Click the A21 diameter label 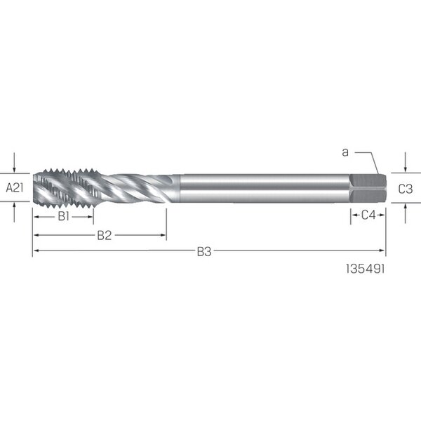click(15, 187)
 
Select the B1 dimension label click(64, 216)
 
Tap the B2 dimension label click(105, 236)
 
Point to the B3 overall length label click(204, 252)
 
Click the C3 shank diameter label click(406, 189)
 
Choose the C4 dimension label click(368, 215)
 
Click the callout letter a click(345, 152)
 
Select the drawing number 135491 click(365, 269)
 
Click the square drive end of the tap click(368, 188)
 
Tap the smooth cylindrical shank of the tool click(265, 188)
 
